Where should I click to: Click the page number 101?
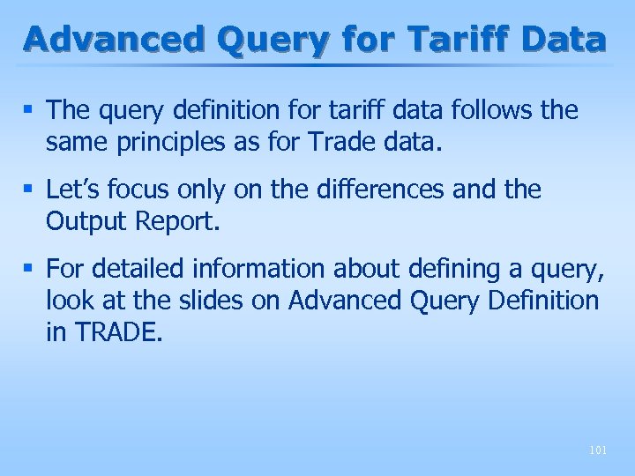[597, 450]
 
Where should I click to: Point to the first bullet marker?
[32, 110]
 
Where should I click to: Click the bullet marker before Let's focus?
[32, 190]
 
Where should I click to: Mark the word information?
[251, 268]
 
